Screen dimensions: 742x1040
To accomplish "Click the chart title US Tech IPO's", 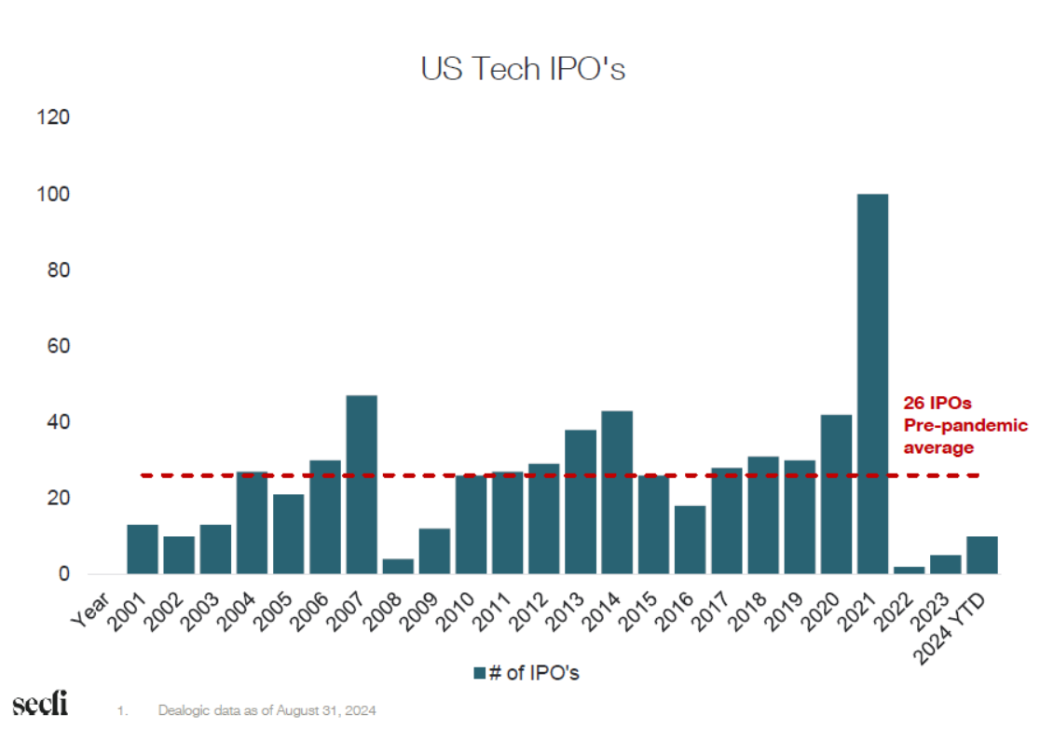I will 523,70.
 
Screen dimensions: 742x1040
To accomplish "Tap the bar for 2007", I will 361,485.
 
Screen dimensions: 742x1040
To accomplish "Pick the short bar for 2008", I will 397,567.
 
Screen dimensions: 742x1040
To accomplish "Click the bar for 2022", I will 909,570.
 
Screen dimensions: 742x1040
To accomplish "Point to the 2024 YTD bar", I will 981,556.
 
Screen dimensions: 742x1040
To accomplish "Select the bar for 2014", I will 616,492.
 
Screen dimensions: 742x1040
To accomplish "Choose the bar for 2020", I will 835,494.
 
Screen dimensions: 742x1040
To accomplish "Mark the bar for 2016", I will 690,540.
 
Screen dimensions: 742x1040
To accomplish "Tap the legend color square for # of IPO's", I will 480,673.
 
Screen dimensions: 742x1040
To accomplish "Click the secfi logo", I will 39,705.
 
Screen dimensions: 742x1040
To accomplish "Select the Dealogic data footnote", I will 267,711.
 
